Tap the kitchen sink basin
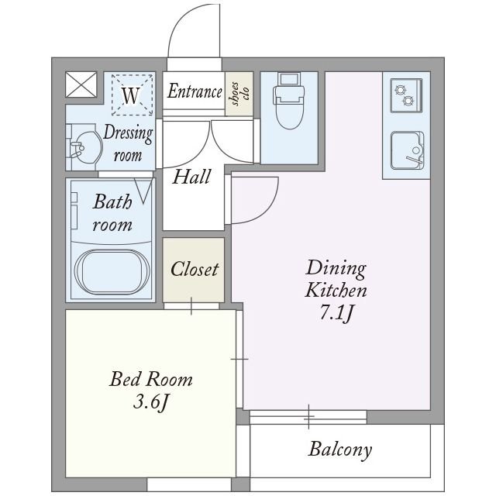click(x=407, y=150)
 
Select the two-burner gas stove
click(x=406, y=95)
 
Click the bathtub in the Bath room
click(x=112, y=272)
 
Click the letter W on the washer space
click(x=131, y=95)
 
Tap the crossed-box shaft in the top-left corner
click(x=81, y=84)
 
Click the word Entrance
click(x=195, y=91)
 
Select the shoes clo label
click(x=240, y=94)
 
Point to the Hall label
click(x=191, y=177)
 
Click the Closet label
click(x=195, y=269)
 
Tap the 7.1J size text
click(x=336, y=314)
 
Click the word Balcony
click(x=340, y=449)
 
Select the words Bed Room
click(x=151, y=379)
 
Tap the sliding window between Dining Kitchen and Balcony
click(x=308, y=417)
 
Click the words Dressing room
click(x=128, y=143)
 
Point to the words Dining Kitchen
click(x=336, y=279)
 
